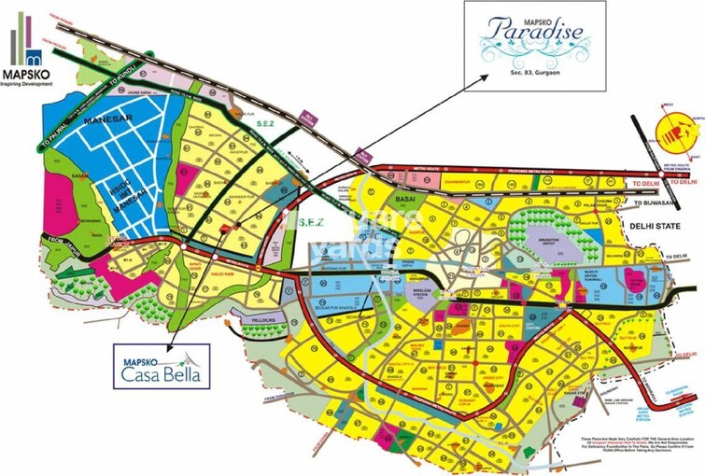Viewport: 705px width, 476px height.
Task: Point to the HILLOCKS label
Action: pos(258,319)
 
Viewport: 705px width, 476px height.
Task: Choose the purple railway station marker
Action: pos(307,117)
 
